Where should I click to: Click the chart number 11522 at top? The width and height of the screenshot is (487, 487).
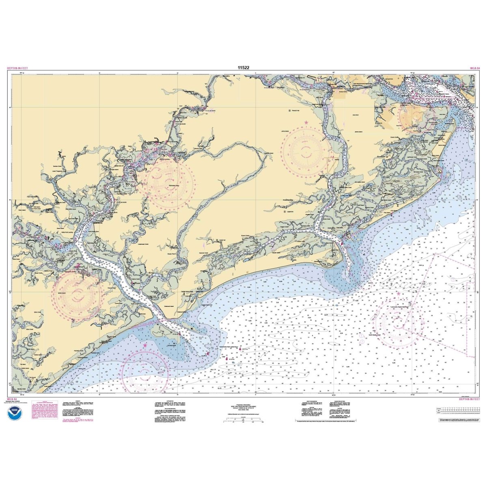tap(243, 68)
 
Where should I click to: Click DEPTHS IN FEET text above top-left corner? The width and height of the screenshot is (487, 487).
tap(17, 69)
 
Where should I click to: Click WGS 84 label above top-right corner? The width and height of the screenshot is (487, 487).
tap(473, 69)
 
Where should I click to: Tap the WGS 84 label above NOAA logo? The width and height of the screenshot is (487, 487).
tap(12, 399)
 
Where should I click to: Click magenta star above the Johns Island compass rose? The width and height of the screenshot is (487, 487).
tap(306, 122)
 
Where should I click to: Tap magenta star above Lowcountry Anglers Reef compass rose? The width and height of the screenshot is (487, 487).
tap(399, 293)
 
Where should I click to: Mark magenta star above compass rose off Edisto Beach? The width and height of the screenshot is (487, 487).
tap(145, 345)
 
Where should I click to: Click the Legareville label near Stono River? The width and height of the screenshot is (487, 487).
tap(289, 211)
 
